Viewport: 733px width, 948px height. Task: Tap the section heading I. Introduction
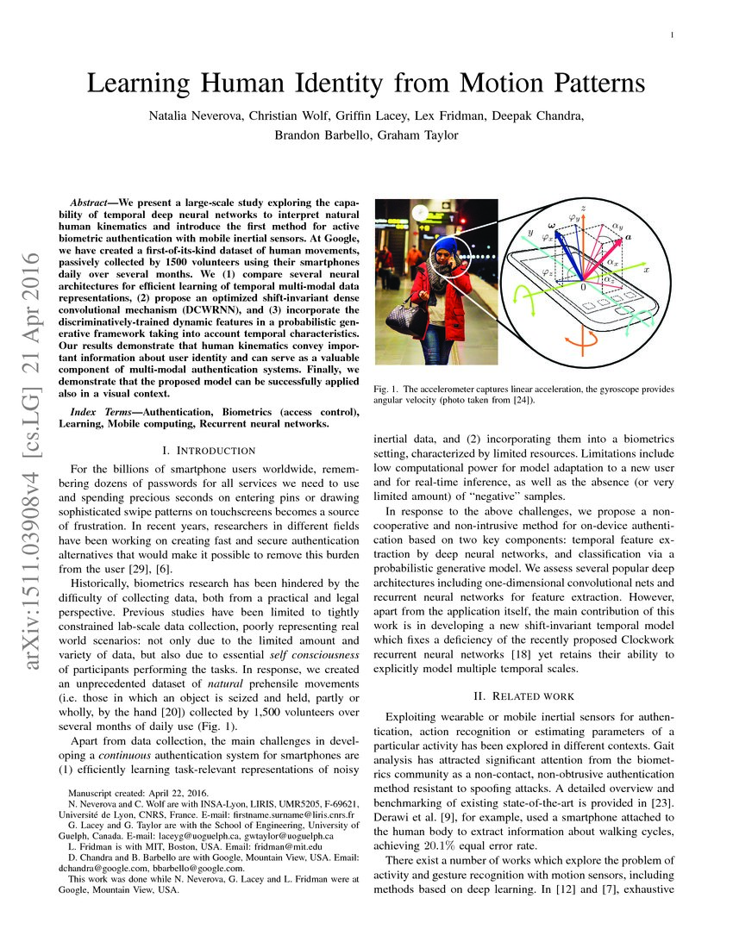coord(209,450)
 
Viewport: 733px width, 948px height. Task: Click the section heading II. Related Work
coord(524,695)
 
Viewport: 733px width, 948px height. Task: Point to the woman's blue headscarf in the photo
coord(445,246)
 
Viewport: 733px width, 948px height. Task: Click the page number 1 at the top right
coord(671,34)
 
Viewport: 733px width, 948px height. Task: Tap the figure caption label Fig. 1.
coord(385,389)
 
